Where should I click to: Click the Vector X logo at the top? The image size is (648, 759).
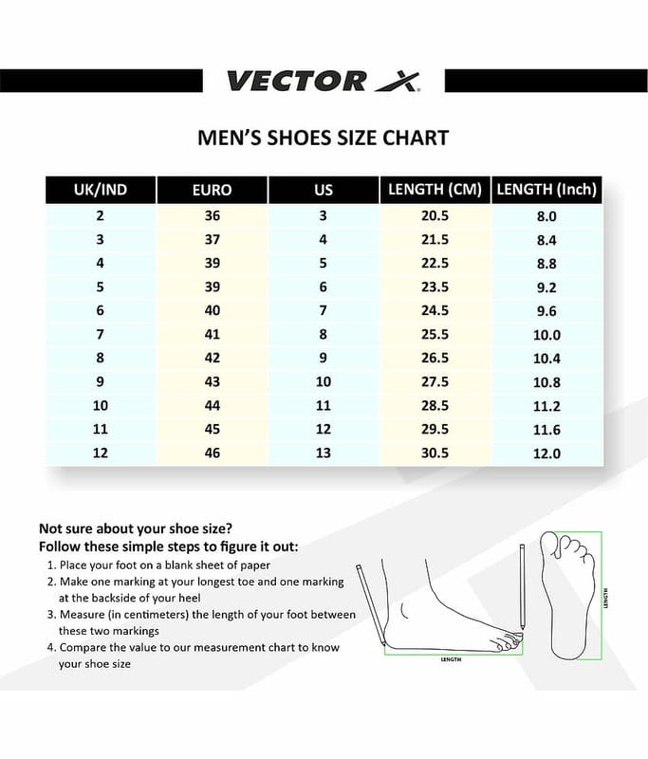[x=323, y=80]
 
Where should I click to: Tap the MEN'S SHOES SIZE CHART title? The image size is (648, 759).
[x=323, y=138]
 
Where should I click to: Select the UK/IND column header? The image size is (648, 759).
[x=101, y=190]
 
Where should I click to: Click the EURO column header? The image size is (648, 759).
[x=212, y=190]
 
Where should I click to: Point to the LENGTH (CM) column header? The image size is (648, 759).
[x=435, y=190]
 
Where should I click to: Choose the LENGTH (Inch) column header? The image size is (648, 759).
[x=546, y=190]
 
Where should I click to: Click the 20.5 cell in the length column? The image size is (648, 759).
[x=435, y=216]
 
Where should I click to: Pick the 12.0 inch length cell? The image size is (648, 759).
[x=546, y=454]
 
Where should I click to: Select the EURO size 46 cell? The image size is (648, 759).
[x=212, y=454]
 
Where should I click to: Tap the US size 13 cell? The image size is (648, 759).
[x=324, y=454]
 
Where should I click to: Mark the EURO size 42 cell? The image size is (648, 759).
[x=212, y=359]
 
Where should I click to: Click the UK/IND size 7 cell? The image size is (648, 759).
[x=101, y=335]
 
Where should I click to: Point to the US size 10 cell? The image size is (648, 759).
[x=324, y=382]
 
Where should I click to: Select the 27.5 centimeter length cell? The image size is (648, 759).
[x=435, y=382]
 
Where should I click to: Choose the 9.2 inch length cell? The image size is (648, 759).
[x=546, y=287]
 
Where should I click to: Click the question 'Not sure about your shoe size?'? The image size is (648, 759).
[x=136, y=528]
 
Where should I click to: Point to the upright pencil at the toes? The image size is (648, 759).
[x=522, y=588]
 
